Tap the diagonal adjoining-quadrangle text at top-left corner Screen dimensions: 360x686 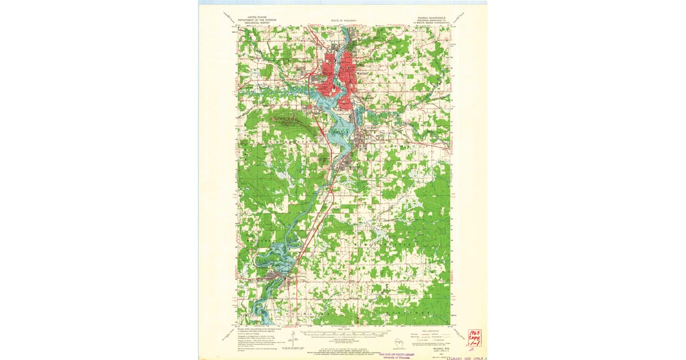click(229, 15)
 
